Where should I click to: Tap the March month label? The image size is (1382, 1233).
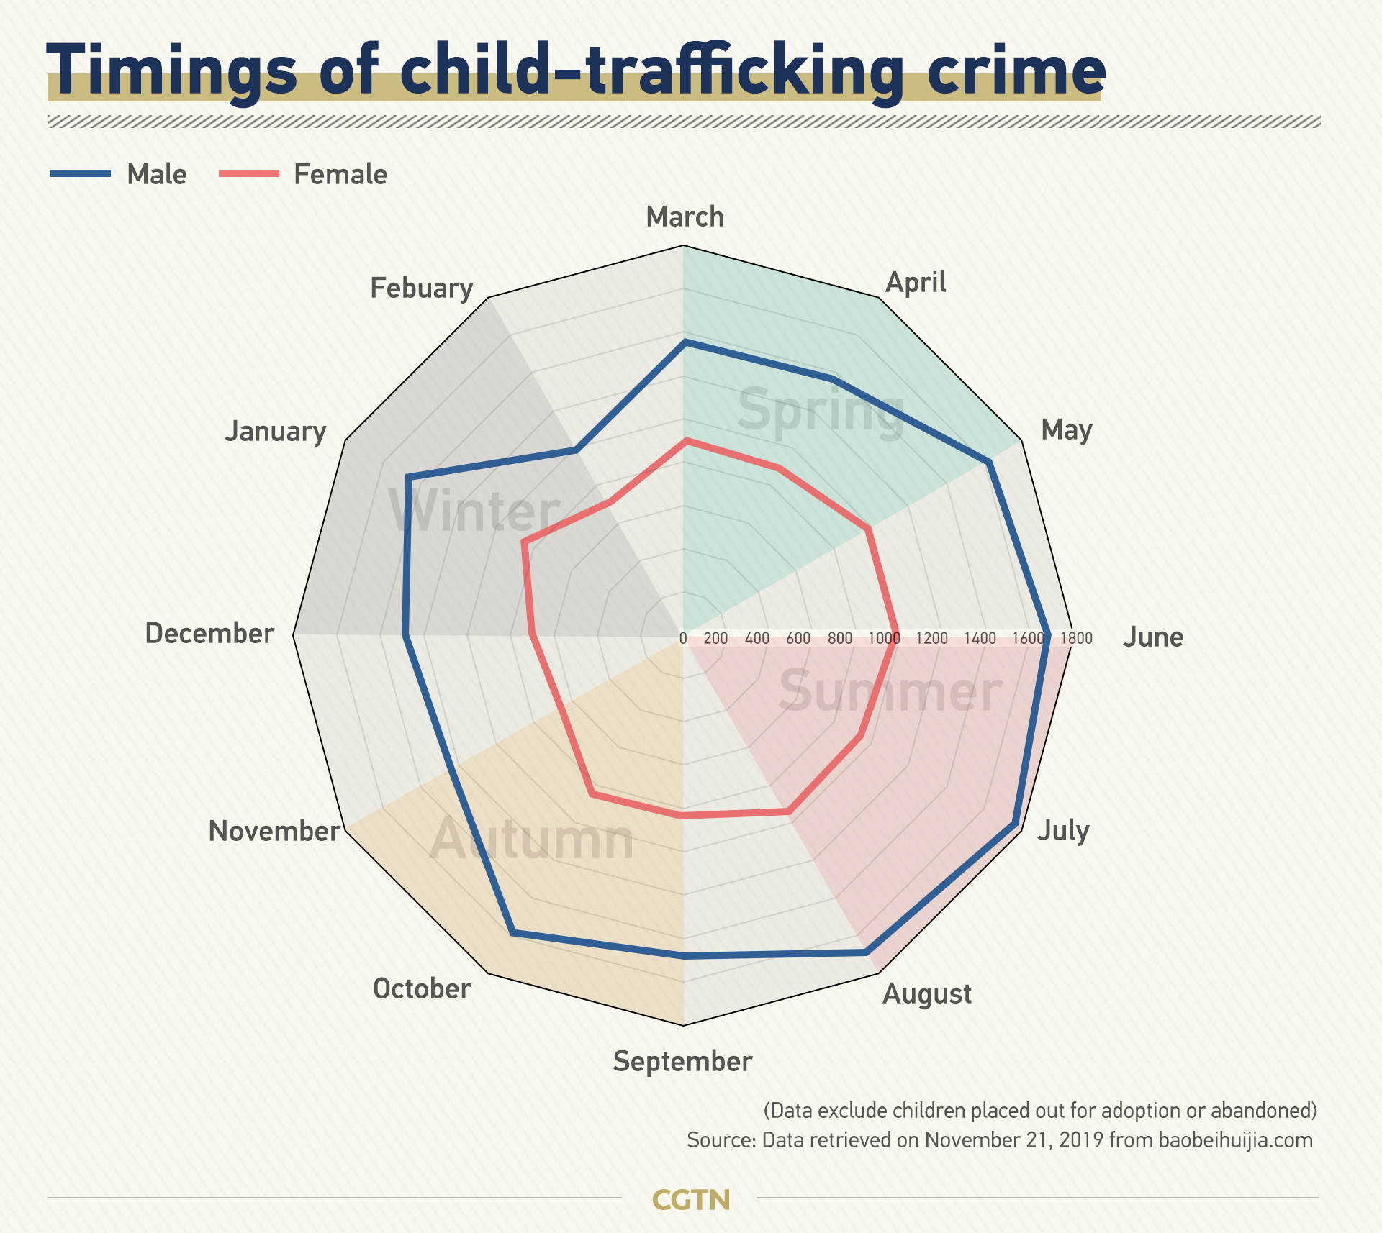685,217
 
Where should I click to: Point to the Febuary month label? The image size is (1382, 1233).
421,288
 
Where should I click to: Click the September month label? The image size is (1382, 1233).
682,1061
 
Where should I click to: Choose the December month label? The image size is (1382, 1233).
209,633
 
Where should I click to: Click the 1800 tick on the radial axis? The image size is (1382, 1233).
1076,638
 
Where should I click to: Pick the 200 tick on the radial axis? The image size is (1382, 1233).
715,638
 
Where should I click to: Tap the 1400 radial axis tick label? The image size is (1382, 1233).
980,638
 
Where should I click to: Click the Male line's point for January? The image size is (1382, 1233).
407,477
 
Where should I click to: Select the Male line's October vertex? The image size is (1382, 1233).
512,933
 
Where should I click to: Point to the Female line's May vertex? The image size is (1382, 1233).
869,529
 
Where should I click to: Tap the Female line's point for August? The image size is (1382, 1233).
789,812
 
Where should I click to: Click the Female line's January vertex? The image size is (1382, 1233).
525,544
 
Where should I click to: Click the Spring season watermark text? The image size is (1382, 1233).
821,410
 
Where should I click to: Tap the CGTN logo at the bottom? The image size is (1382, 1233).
690,1199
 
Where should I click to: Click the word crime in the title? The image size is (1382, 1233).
1016,72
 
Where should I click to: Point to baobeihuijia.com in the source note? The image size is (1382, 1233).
1235,1140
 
